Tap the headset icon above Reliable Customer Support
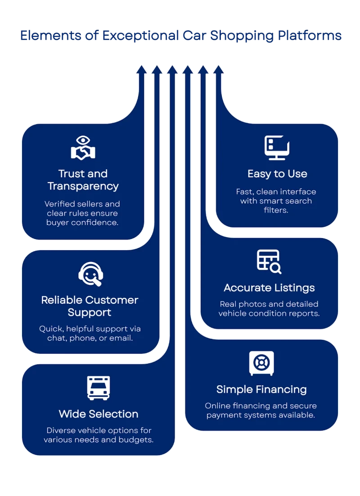click(90, 274)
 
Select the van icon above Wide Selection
click(98, 388)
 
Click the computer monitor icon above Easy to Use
click(277, 148)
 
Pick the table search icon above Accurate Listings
click(269, 262)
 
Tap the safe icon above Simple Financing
click(261, 363)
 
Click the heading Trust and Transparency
click(83, 180)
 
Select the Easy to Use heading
click(277, 174)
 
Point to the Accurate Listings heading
click(269, 288)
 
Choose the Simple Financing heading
click(261, 389)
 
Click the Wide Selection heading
click(99, 414)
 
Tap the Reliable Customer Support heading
click(90, 306)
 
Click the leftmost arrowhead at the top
click(141, 69)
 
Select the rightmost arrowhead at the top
click(219, 69)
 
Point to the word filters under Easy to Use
click(275, 210)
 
